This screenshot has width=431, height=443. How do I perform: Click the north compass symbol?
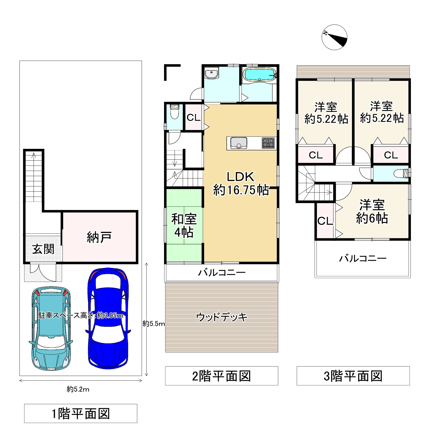click(334, 37)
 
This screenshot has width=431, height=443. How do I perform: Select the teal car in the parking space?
click(51, 329)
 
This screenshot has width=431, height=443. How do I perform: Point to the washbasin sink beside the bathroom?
click(211, 74)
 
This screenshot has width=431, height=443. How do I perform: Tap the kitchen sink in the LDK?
click(239, 143)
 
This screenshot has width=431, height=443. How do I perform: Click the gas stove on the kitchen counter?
click(268, 143)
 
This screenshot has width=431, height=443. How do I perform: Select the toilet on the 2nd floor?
click(174, 111)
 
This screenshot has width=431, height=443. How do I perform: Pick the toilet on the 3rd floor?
click(402, 174)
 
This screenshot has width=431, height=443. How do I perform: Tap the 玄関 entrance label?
click(43, 249)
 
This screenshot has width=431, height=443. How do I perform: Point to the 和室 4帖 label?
click(184, 226)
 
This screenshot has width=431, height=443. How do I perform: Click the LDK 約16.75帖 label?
click(241, 184)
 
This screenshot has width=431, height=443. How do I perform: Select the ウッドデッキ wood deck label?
click(222, 317)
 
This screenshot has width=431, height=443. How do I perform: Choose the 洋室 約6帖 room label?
click(372, 212)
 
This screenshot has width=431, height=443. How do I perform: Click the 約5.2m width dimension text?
click(78, 389)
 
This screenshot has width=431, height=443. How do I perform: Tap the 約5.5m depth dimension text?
click(154, 323)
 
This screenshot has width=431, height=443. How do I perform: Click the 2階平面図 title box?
click(222, 376)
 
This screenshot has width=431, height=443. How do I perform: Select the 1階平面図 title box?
click(81, 413)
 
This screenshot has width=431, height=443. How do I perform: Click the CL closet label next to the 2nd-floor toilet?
click(194, 118)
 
